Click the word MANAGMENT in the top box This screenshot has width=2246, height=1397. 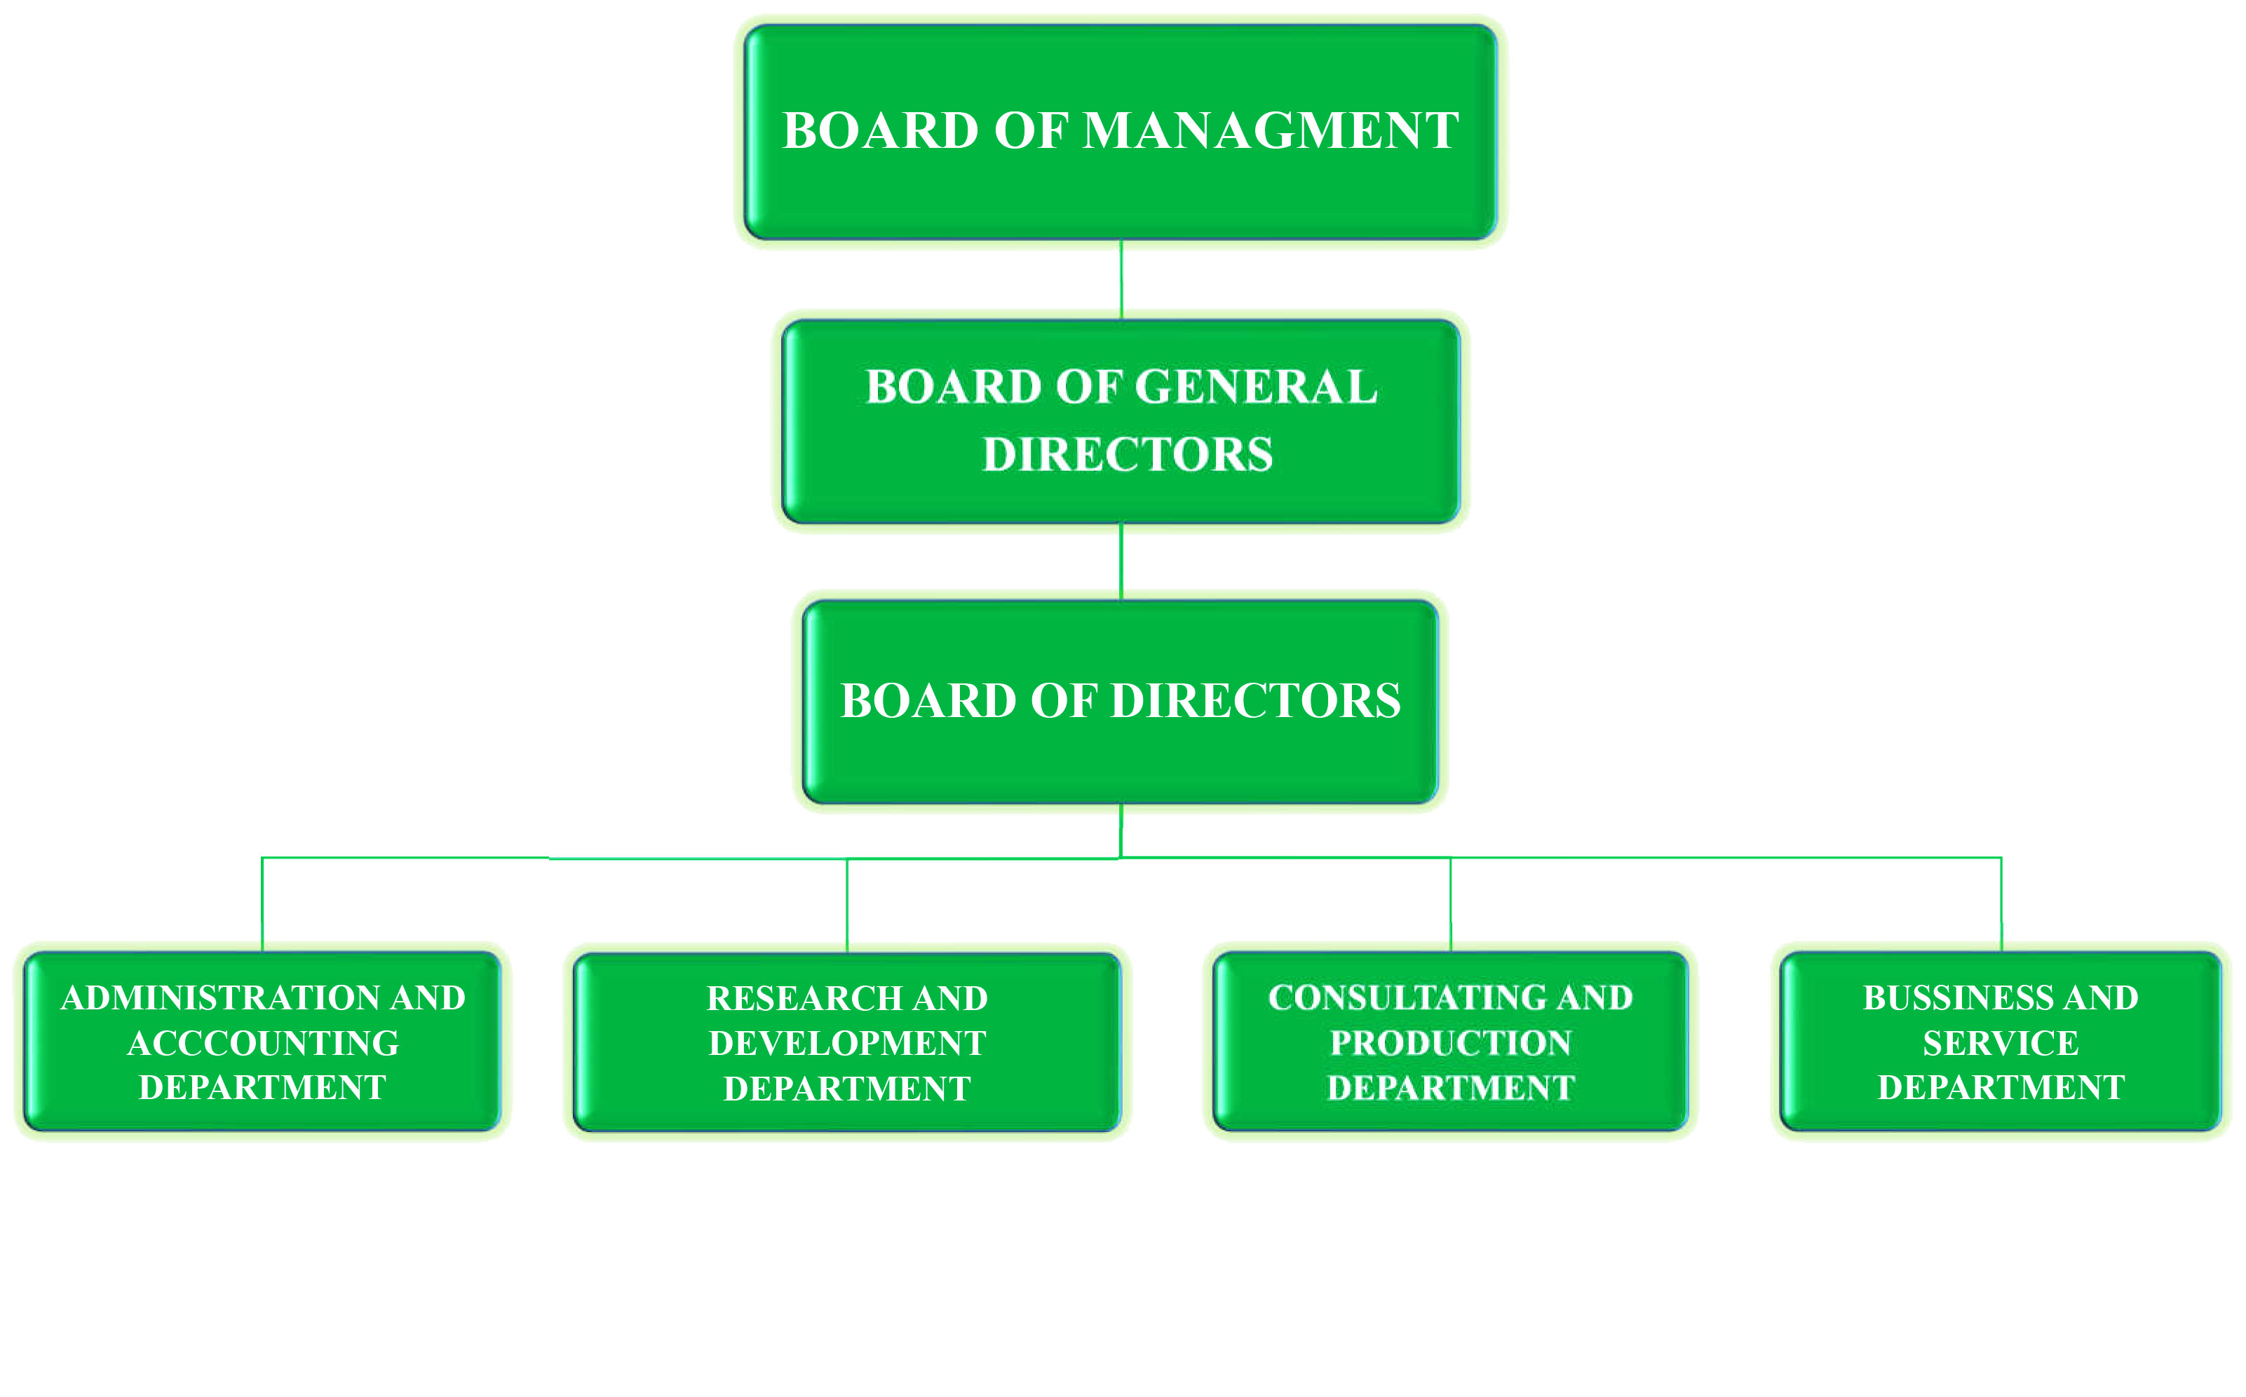point(1270,130)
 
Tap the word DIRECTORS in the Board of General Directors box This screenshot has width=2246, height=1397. point(1128,455)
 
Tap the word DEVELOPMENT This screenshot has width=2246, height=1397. point(846,1043)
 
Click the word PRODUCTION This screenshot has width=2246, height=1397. point(1450,1043)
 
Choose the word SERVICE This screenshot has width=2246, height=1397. point(2001,1043)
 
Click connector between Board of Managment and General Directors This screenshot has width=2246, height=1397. point(1121,280)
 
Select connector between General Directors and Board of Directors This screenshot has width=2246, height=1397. point(1121,561)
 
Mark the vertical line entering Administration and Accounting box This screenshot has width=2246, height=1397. point(262,906)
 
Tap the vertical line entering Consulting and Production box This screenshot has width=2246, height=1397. point(1450,906)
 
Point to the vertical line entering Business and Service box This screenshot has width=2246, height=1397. point(2002,906)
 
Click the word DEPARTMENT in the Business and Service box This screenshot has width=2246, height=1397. point(2001,1087)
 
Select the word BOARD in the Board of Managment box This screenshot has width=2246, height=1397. point(880,130)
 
